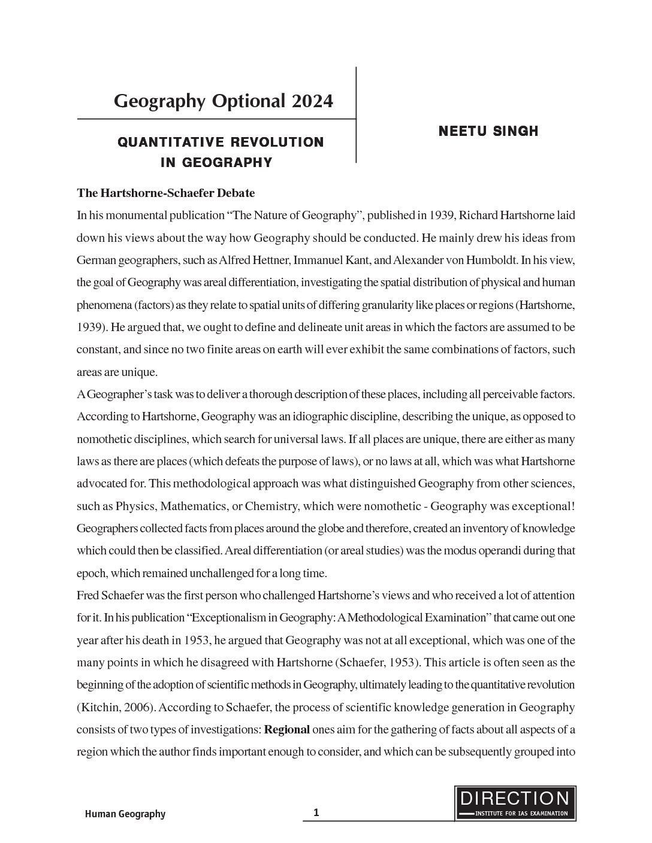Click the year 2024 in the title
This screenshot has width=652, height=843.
[312, 101]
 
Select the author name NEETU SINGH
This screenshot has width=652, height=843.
[488, 131]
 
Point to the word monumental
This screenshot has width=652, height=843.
[136, 216]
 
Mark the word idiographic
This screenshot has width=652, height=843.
[340, 416]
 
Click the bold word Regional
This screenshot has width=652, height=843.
[287, 729]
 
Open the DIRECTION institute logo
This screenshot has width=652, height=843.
[515, 803]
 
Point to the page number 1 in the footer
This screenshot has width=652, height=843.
[316, 812]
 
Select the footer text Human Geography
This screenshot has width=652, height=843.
[125, 814]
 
